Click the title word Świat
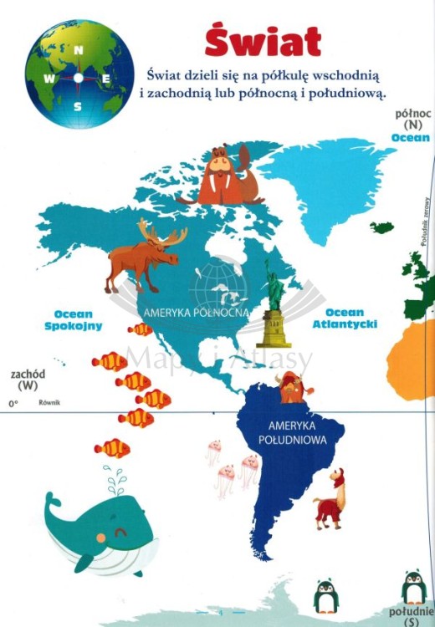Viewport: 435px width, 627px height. click(x=263, y=41)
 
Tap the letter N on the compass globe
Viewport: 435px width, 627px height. click(x=79, y=50)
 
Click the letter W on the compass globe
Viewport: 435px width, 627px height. click(x=50, y=79)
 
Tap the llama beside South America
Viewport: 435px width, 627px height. click(x=329, y=501)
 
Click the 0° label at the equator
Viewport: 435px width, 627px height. click(x=13, y=404)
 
